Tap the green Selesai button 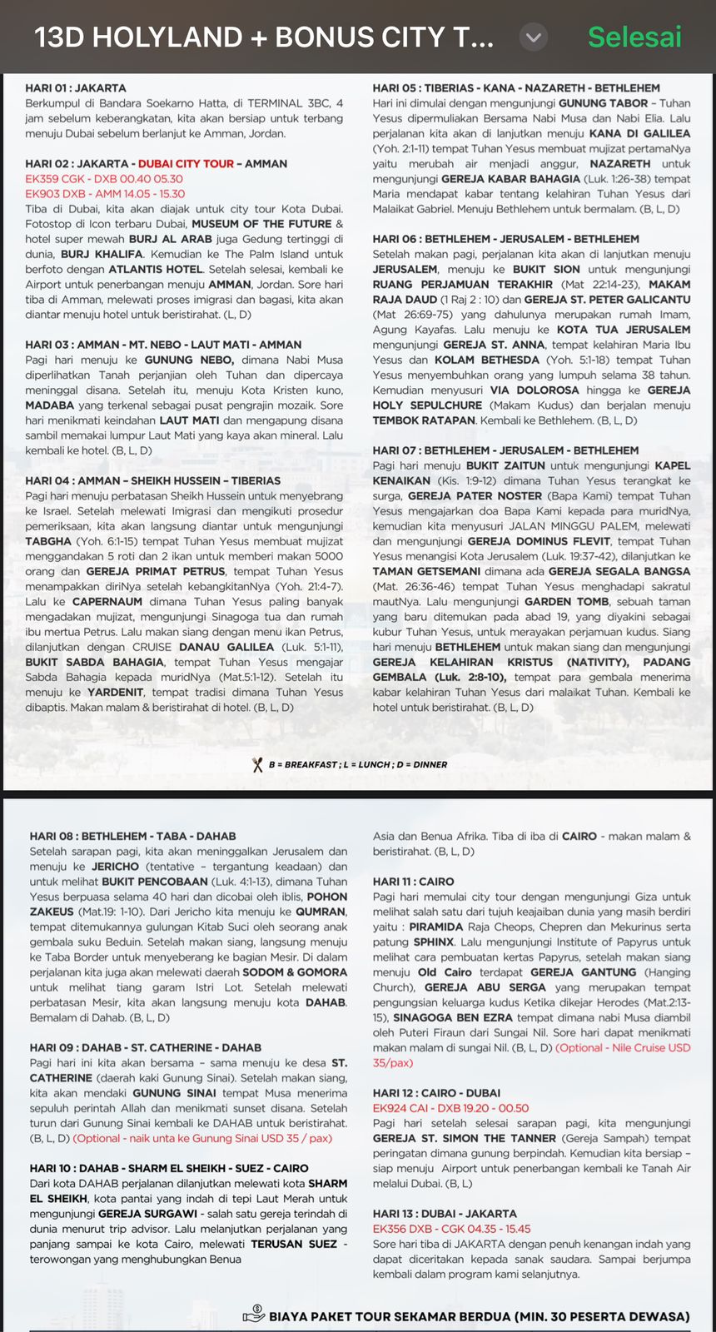(x=634, y=37)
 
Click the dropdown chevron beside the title (x=534, y=37)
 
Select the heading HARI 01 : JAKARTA (x=76, y=87)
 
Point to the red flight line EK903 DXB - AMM (x=105, y=194)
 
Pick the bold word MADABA (x=49, y=405)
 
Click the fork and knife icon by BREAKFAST (x=257, y=764)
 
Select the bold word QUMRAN (x=322, y=912)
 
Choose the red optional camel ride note (x=202, y=1138)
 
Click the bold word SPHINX (x=434, y=942)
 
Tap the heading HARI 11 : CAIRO (x=413, y=881)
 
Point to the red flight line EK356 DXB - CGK (x=451, y=1229)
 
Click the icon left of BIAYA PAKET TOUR (x=253, y=1315)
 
